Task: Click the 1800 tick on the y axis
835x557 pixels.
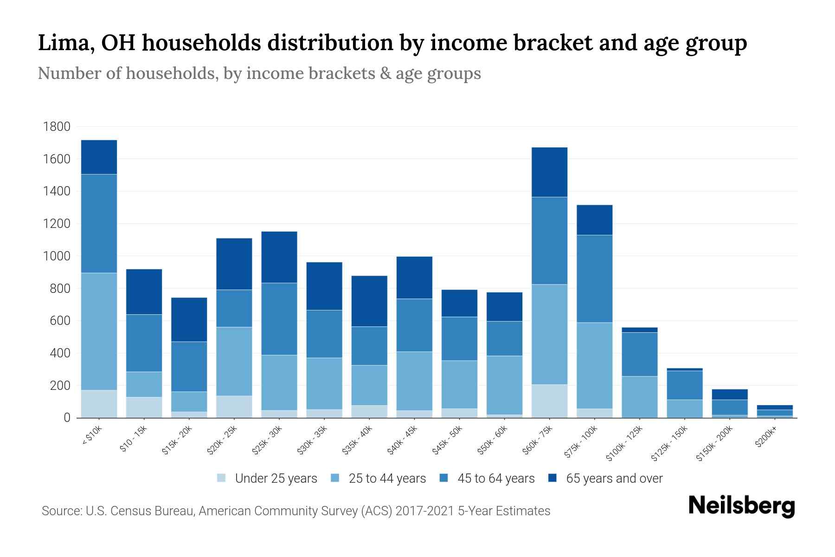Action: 56,127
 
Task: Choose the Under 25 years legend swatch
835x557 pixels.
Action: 222,478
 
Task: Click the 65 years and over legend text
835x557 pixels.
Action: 614,478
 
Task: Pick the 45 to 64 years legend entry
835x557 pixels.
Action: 487,478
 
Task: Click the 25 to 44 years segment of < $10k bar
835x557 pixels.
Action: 99,331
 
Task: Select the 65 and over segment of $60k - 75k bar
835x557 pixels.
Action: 549,172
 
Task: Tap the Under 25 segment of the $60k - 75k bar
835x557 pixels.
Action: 549,401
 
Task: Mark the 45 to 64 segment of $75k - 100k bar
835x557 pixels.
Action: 594,278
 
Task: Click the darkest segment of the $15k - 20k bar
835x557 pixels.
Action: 189,319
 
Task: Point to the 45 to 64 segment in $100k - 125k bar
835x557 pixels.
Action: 639,354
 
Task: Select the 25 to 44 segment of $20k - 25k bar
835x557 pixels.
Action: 234,361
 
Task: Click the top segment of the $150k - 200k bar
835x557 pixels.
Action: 730,395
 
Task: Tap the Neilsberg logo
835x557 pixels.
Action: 741,505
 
